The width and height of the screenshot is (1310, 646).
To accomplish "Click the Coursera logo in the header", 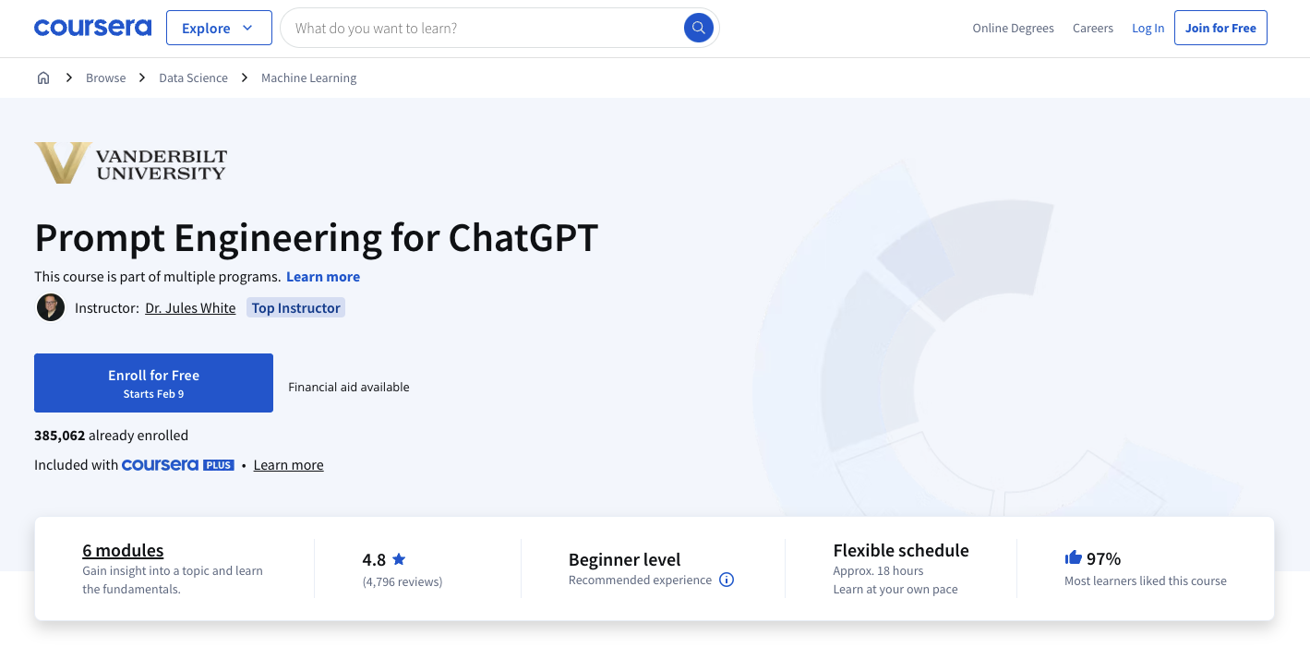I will point(92,28).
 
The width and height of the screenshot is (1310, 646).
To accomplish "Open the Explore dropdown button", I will point(219,29).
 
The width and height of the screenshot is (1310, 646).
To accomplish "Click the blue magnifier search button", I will point(699,28).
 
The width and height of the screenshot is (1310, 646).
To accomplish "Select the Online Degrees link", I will point(1013,29).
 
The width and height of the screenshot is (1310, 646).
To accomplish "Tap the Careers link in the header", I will point(1093,29).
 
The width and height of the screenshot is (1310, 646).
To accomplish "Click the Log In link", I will point(1148,29).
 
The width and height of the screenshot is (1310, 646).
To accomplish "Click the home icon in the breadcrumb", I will point(43,78).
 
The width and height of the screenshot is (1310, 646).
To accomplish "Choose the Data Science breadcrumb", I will point(193,78).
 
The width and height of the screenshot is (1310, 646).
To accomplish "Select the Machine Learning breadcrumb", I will point(308,78).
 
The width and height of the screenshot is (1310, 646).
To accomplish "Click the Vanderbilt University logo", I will point(130,162).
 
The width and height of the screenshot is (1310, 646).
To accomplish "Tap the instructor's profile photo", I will point(50,307).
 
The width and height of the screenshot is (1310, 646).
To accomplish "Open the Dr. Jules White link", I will point(190,308).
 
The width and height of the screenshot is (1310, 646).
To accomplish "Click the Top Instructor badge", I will point(296,308).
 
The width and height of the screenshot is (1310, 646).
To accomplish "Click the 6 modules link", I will point(123,551).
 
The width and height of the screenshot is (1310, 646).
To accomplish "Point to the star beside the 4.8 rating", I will point(399,559).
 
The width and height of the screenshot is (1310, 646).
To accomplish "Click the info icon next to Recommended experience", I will point(727,580).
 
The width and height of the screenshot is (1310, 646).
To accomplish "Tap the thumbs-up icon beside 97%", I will point(1073,557).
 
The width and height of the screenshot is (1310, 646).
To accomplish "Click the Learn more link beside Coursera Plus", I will point(288,465).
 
